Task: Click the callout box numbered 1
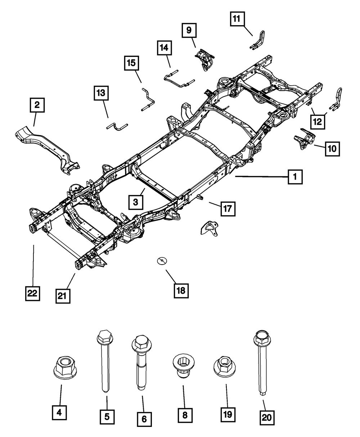295,177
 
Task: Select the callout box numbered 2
37,105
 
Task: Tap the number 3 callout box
135,202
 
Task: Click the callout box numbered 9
189,31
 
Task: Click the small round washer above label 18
162,260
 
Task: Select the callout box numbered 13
101,93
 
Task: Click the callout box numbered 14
164,48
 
